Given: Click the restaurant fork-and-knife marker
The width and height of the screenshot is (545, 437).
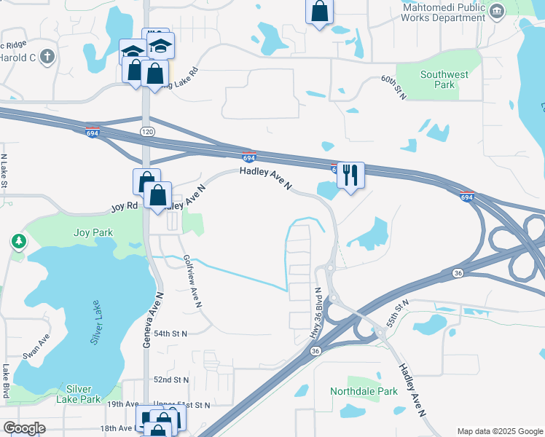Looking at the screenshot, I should [x=350, y=175].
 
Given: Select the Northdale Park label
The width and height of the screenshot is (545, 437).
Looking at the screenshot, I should [x=364, y=391].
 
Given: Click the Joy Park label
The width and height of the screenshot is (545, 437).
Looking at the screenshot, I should [x=93, y=233].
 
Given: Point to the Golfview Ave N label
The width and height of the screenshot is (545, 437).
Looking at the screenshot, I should [x=192, y=282].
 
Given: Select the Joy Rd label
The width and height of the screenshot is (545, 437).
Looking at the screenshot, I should [x=124, y=206].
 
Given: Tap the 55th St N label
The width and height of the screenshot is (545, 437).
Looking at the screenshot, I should [x=397, y=312].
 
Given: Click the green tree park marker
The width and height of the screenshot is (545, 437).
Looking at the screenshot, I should [x=17, y=241].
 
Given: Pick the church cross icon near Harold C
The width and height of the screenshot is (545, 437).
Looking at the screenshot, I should [x=48, y=57].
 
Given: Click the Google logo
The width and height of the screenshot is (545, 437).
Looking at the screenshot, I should [x=24, y=428].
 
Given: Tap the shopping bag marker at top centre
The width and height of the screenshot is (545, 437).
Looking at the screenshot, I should [x=319, y=11].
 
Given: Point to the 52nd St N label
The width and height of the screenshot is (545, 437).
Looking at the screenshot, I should [x=171, y=380].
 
